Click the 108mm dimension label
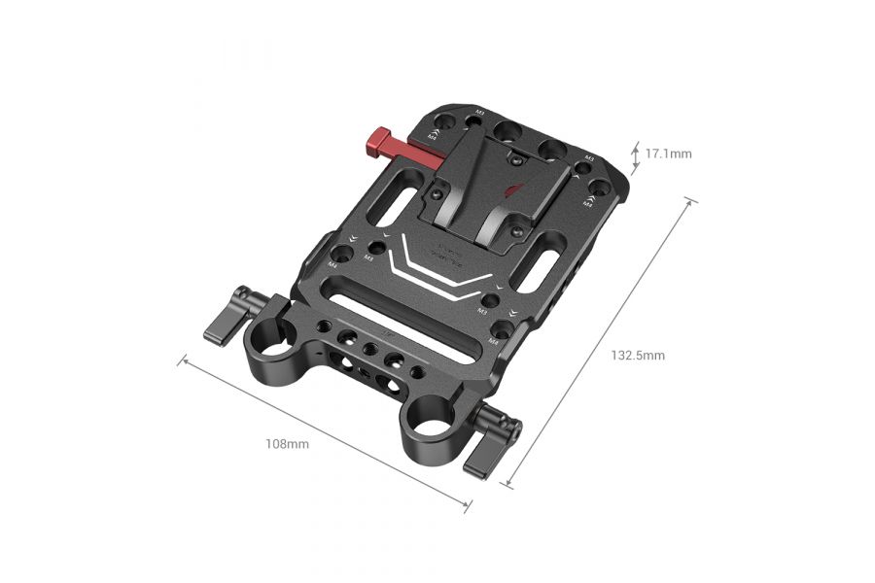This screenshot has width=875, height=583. [x=287, y=444]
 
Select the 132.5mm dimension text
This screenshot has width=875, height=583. [x=638, y=356]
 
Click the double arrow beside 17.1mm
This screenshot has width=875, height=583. [x=632, y=154]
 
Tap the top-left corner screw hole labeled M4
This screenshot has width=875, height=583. [x=437, y=126]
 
